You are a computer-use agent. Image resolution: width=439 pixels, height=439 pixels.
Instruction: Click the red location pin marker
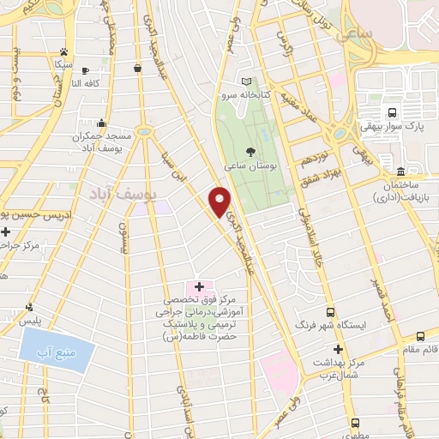click(220, 201)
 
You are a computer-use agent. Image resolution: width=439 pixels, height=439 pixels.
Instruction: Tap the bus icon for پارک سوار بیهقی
click(392, 112)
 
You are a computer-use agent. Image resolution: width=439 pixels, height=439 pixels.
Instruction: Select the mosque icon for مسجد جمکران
click(102, 123)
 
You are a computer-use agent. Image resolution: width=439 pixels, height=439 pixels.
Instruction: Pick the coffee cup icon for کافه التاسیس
click(84, 70)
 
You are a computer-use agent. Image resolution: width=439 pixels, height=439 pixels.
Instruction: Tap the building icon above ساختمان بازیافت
click(401, 170)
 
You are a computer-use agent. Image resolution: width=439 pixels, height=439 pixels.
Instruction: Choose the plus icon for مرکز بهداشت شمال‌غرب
click(338, 350)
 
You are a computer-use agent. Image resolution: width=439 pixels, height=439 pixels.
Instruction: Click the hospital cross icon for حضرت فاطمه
click(199, 286)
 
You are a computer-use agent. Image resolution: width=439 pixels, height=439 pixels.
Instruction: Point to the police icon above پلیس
click(30, 306)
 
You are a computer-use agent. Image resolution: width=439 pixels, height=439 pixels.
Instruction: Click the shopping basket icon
click(138, 68)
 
